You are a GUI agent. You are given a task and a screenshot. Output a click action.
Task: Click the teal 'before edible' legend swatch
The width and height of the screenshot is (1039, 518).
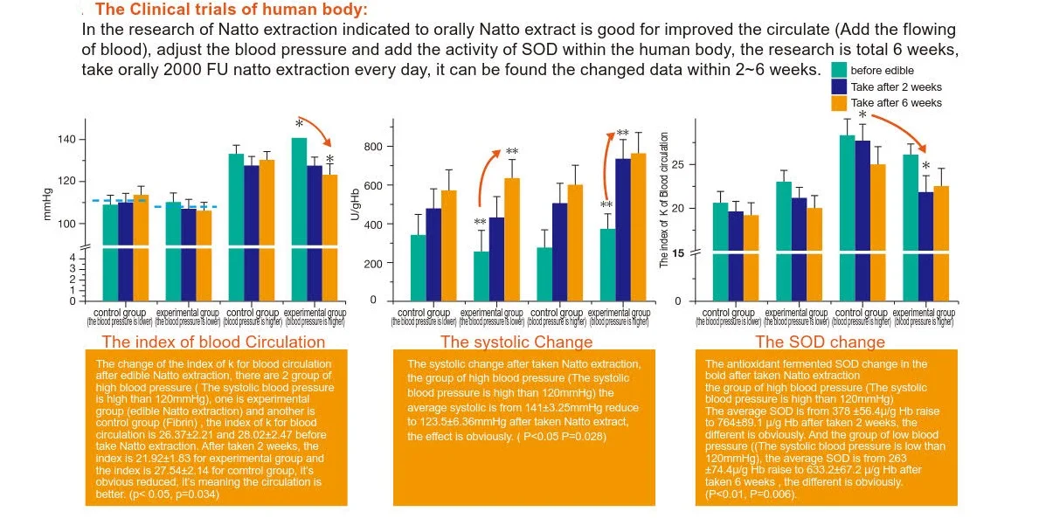pyautogui.click(x=839, y=70)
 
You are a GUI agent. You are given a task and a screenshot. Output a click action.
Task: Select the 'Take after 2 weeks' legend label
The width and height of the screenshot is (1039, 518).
pyautogui.click(x=896, y=86)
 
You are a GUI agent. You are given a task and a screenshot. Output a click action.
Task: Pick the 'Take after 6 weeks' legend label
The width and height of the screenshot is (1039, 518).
pyautogui.click(x=896, y=102)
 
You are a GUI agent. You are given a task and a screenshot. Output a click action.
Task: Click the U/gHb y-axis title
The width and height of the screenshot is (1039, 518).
pyautogui.click(x=355, y=203)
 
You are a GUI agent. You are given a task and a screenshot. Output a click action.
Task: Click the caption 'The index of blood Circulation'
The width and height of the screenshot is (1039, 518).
pyautogui.click(x=213, y=342)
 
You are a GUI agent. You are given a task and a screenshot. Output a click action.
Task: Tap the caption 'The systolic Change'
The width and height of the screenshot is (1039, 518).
pyautogui.click(x=516, y=342)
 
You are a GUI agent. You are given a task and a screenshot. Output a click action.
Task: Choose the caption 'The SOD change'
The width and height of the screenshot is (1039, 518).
pyautogui.click(x=820, y=342)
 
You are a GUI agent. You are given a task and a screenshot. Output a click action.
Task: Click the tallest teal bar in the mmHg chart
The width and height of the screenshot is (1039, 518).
pyautogui.click(x=299, y=218)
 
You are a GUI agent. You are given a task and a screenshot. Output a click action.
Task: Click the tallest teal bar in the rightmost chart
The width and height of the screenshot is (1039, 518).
pyautogui.click(x=847, y=217)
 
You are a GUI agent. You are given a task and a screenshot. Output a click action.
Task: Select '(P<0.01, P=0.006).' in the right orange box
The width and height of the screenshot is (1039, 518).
pyautogui.click(x=751, y=495)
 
